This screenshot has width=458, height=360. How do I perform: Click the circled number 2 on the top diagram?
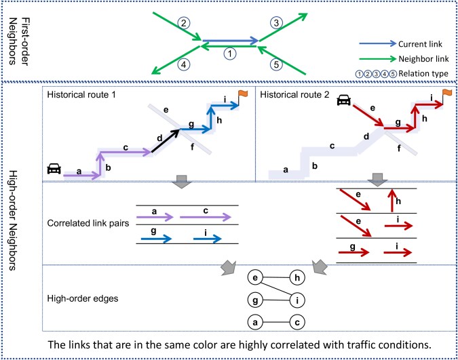183,23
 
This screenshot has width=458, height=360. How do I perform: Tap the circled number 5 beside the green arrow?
276,64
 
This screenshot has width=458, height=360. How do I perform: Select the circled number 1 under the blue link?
230,54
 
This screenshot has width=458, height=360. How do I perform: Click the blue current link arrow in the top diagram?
231,41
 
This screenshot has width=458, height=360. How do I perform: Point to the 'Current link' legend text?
420,44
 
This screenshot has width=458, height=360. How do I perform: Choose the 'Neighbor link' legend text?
423,59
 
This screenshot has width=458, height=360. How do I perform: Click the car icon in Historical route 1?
54,168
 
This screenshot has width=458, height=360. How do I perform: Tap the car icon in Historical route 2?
344,100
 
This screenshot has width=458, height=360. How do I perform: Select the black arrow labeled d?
165,141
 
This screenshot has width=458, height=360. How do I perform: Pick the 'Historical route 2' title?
294,95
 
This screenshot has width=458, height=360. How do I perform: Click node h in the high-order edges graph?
297,277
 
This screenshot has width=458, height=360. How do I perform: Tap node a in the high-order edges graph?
255,322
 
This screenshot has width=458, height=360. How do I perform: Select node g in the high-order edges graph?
255,300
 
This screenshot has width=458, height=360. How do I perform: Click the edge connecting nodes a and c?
276,322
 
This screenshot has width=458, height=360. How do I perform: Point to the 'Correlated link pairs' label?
88,223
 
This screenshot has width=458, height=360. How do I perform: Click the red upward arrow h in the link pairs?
392,200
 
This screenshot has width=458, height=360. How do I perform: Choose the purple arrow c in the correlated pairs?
206,217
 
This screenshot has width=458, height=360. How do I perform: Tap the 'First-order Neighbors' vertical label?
20,41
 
